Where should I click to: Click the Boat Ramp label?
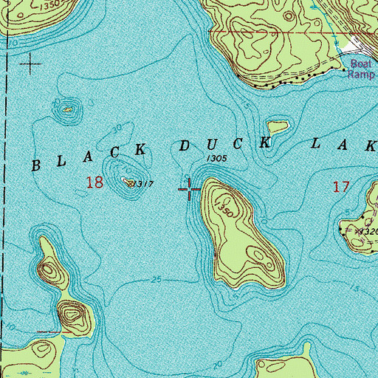click(x=362, y=68)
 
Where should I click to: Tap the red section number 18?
click(x=94, y=182)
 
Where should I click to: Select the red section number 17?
click(x=340, y=187)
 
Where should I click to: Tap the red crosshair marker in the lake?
click(x=190, y=190)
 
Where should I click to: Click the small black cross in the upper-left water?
click(x=30, y=66)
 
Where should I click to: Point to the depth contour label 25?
click(x=154, y=278)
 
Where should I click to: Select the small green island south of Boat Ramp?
click(x=278, y=126)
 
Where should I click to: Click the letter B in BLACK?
click(x=38, y=164)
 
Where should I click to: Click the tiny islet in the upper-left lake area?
click(x=67, y=110)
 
